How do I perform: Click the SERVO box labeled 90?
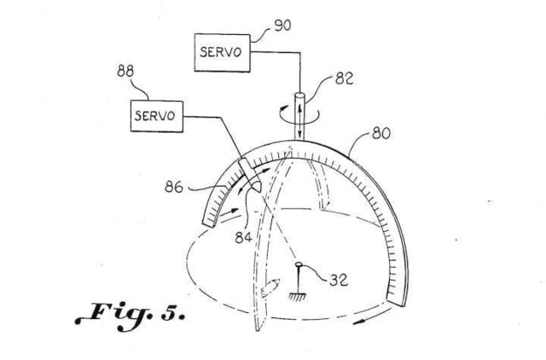[222, 53]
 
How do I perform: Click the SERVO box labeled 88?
[157, 116]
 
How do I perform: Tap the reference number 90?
[282, 26]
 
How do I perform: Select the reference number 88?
[125, 71]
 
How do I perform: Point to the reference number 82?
[344, 78]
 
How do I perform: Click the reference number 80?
[381, 133]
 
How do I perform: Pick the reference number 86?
[174, 188]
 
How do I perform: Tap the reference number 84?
[243, 237]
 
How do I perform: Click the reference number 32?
[339, 280]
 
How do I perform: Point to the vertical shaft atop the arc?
[299, 116]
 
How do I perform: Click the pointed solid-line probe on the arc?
[251, 175]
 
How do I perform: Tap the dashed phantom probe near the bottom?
[270, 288]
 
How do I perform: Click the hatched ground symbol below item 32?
[298, 297]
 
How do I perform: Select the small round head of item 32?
[299, 265]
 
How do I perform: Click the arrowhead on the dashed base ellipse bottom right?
[359, 322]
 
